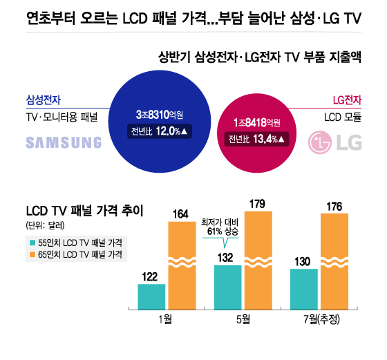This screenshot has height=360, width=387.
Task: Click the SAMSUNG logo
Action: (x=64, y=142)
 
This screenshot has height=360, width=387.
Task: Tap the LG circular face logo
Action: (x=319, y=142)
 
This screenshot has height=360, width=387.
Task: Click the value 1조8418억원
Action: (x=256, y=122)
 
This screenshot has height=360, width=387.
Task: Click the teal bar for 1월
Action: (x=152, y=296)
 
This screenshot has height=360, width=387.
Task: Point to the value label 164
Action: (x=182, y=214)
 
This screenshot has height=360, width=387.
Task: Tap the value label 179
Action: (x=259, y=204)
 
